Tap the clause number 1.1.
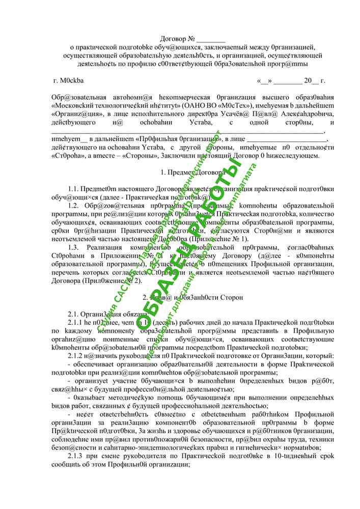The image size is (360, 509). pos(74,189)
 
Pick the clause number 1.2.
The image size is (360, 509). pos(74,205)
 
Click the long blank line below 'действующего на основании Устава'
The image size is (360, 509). pos(188,130)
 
